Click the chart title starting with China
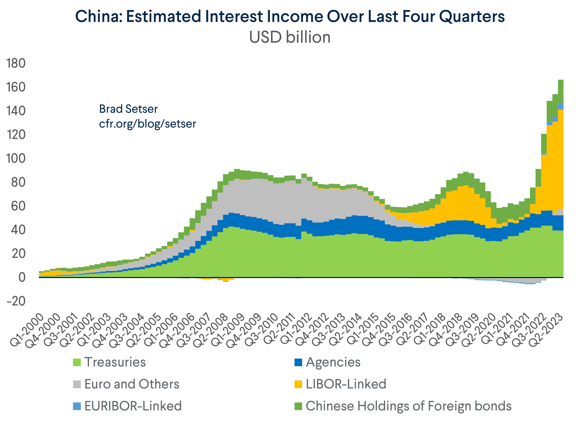coord(290,17)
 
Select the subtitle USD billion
coord(290,37)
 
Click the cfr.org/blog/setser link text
coord(147,124)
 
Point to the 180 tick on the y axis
coord(16,63)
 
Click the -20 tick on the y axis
coord(16,301)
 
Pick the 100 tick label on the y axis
coord(16,159)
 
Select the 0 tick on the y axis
coord(22,277)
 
